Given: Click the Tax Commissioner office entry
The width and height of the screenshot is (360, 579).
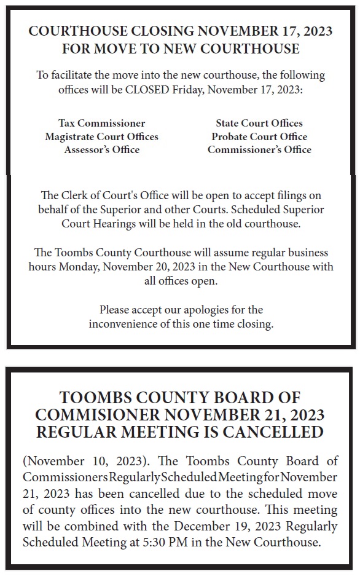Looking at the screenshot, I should tap(102, 123).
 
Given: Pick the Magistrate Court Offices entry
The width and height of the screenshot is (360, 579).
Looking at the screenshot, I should tap(102, 136).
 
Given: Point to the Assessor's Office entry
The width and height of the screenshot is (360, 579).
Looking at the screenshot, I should tap(102, 149).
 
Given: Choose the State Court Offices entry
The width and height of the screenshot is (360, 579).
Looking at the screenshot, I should tap(259, 123).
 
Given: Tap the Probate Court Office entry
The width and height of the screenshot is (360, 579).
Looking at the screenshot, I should tap(259, 136).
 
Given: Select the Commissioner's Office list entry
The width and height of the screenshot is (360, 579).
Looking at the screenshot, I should tap(259, 149).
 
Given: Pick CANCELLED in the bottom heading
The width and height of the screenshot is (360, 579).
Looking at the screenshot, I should tap(272, 432).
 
